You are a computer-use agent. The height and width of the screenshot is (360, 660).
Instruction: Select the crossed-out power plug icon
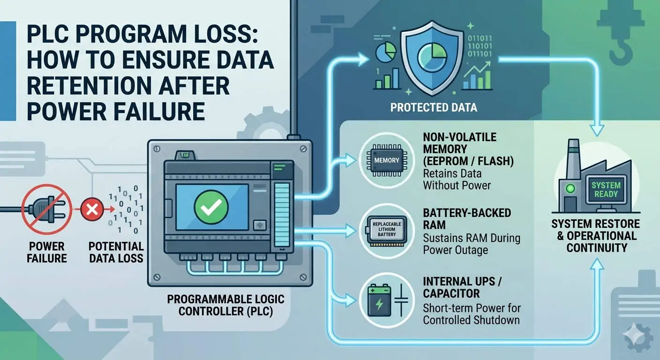(x=46, y=209)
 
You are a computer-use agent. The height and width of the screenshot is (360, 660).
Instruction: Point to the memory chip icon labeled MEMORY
(x=387, y=160)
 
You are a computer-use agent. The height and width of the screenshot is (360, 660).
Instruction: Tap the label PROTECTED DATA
(x=434, y=108)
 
